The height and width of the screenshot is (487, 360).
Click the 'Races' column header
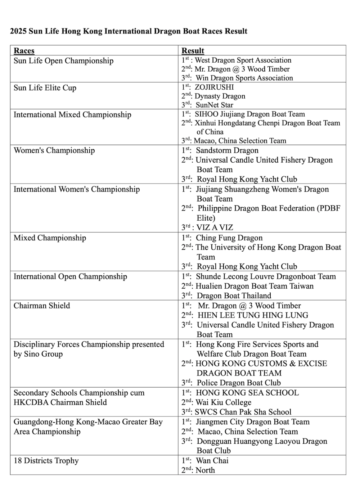coord(24,51)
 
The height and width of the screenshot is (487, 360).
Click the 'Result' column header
coord(193,51)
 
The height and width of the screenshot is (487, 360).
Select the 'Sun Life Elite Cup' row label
coord(45,88)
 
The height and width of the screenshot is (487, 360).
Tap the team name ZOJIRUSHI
coord(214,87)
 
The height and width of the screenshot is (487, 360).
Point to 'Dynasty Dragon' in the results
coord(220,96)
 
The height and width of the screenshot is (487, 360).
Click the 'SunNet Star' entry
coord(214,105)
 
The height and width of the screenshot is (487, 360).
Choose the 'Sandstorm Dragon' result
coord(227,150)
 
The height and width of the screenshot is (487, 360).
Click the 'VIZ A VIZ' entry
coord(215,227)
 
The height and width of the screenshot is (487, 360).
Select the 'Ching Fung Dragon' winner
coord(229,238)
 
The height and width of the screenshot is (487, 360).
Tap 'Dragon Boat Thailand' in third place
coord(234,296)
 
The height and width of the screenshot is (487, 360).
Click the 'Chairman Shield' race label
coord(42,306)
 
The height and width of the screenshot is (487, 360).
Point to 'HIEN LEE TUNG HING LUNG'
coord(253,315)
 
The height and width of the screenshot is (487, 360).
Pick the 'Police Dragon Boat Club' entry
coord(239,383)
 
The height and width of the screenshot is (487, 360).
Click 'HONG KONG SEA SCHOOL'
coord(247,393)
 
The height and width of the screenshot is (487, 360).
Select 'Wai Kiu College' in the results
coord(224,402)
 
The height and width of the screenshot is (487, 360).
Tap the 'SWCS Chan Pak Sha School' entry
coord(243,412)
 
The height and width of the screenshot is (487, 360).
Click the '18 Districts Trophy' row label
coord(46,461)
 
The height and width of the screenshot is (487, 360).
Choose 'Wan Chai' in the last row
coord(212,461)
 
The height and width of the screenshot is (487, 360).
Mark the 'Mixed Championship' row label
coord(50,238)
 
